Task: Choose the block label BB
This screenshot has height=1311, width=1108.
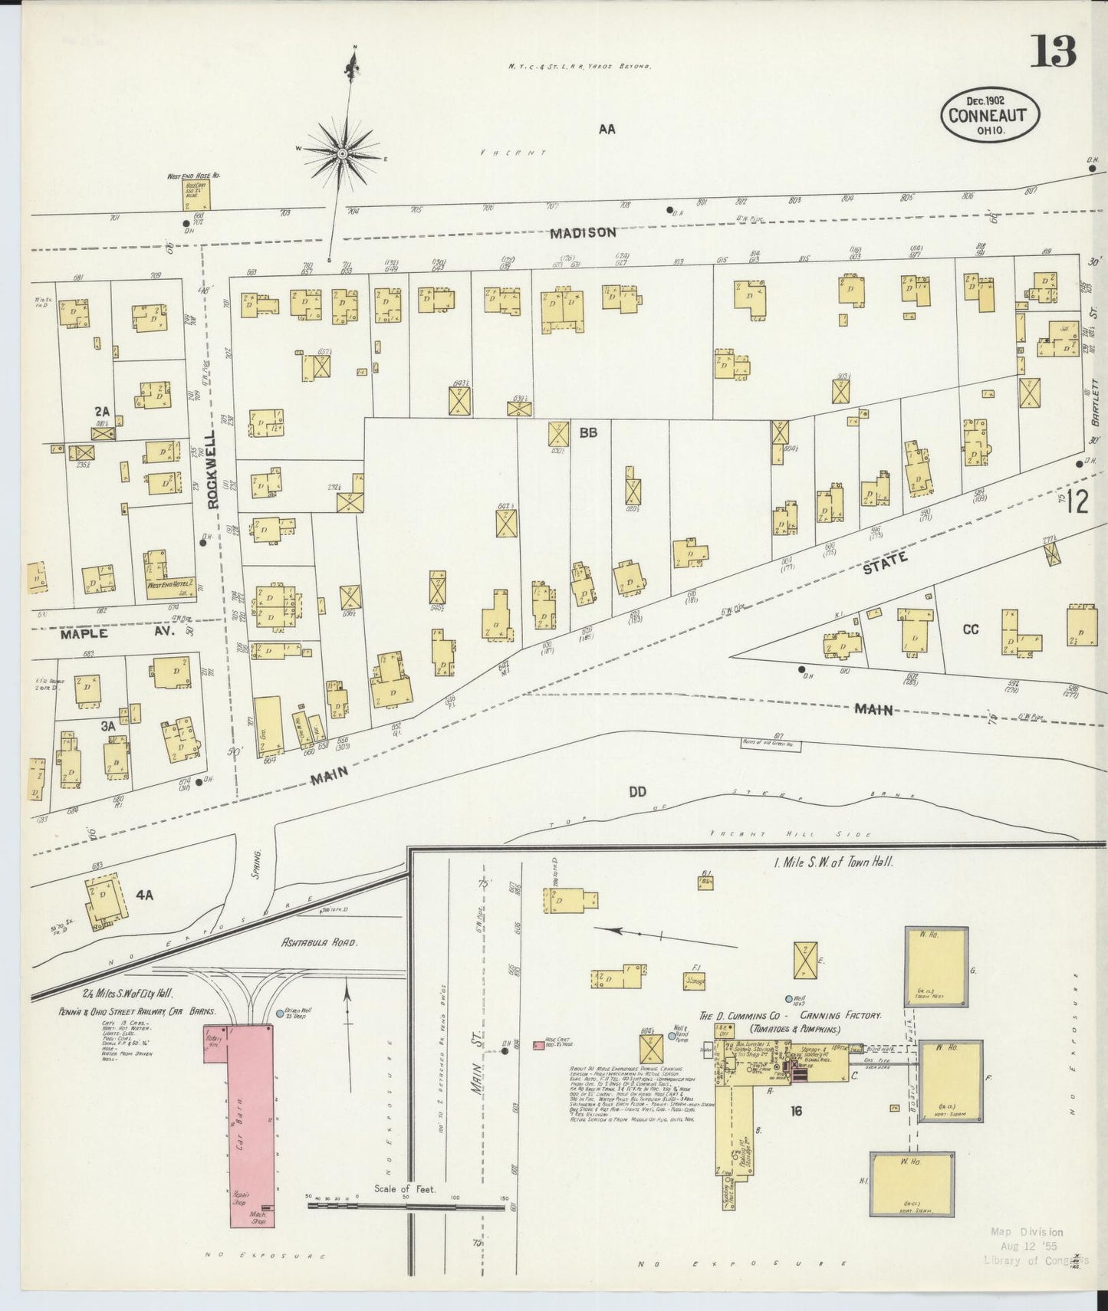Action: click(588, 432)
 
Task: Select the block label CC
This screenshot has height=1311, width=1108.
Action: click(971, 629)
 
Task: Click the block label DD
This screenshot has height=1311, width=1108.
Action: click(637, 792)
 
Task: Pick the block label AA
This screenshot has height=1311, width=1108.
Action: click(607, 130)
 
